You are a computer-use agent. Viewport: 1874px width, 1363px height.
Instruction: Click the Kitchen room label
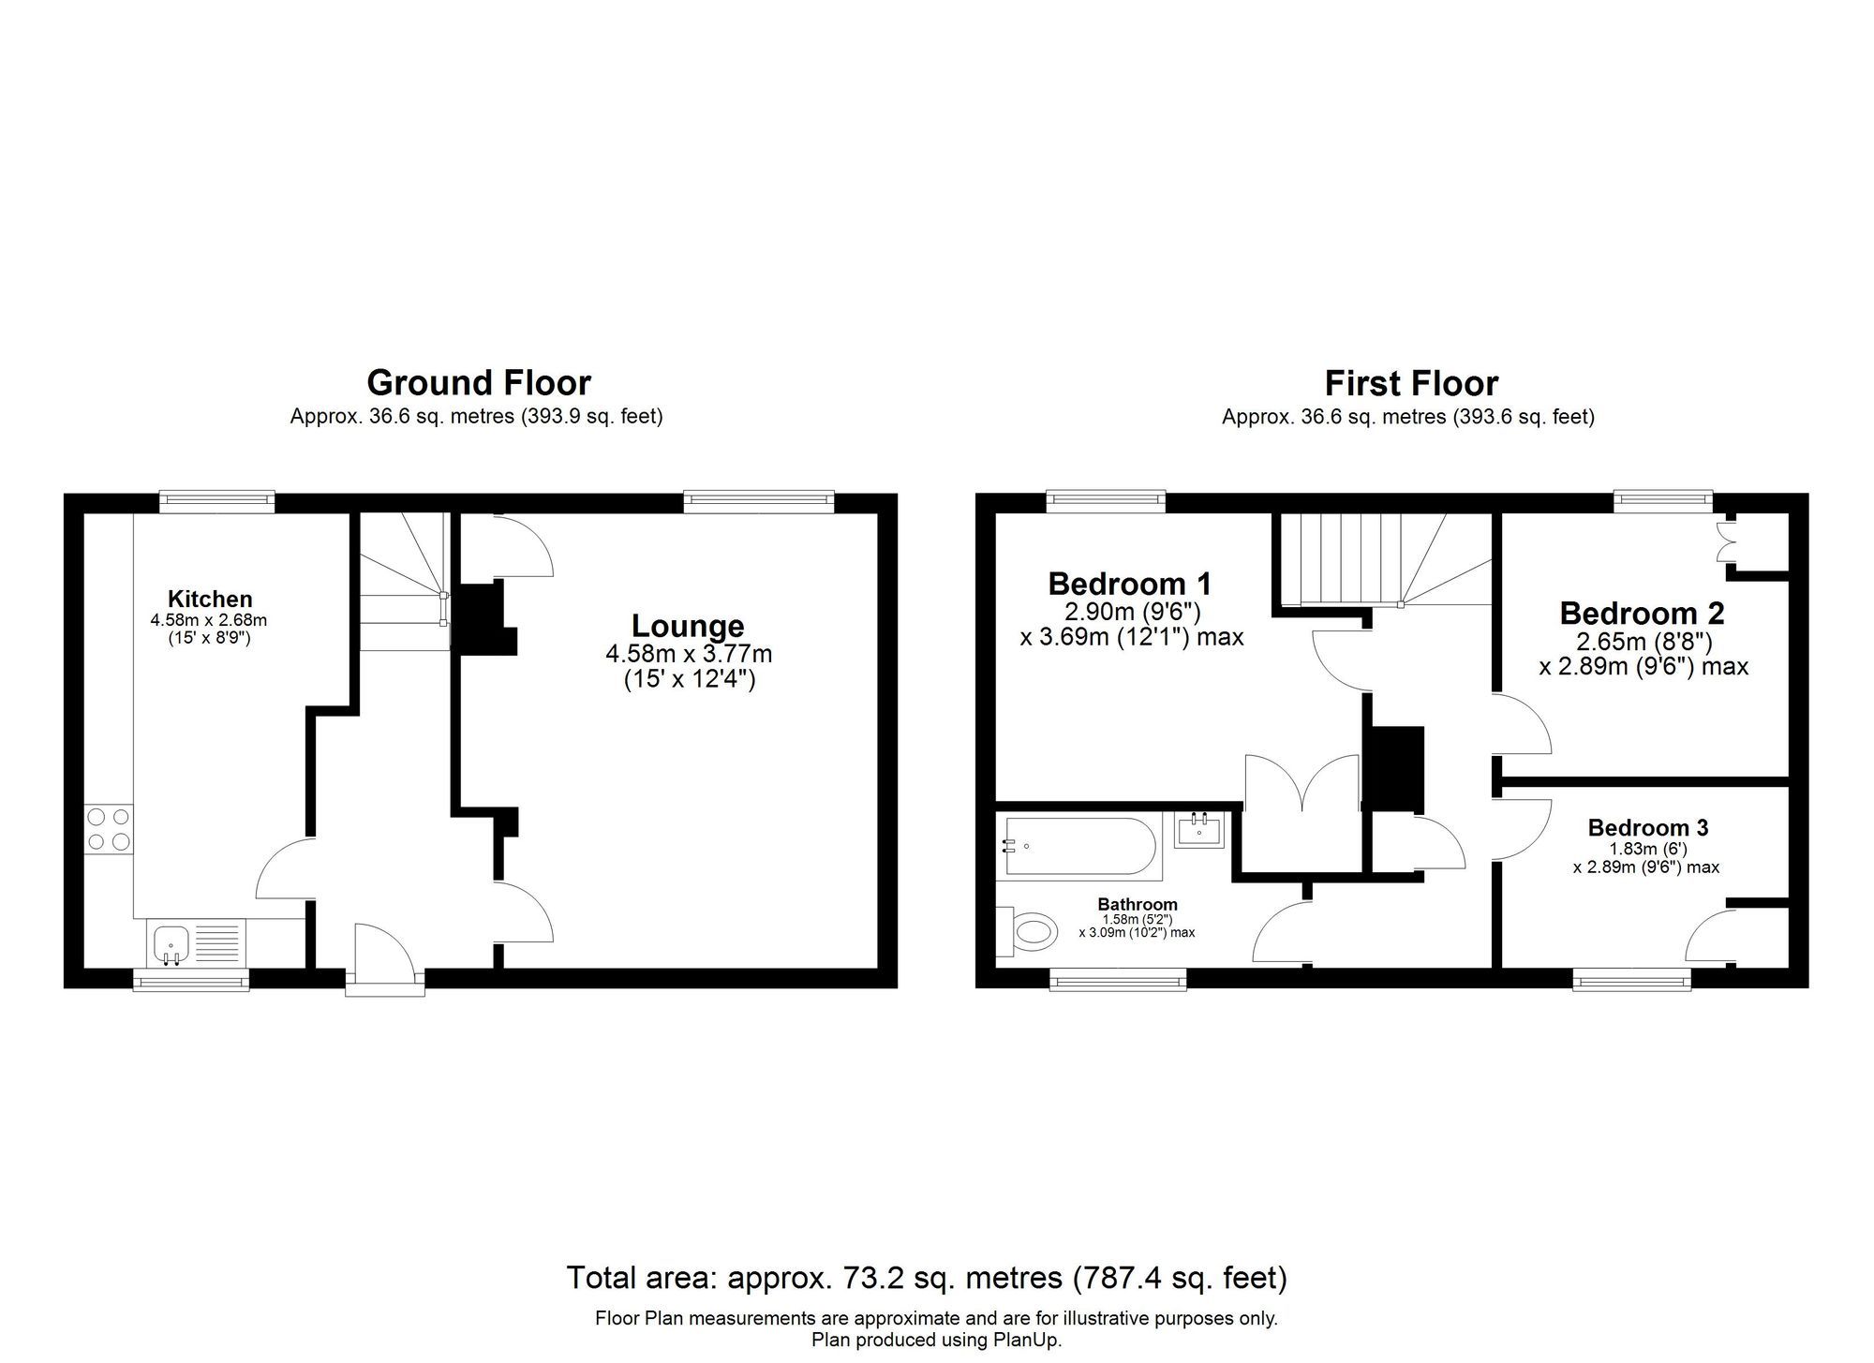pyautogui.click(x=210, y=599)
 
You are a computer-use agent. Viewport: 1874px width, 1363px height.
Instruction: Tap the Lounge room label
pyautogui.click(x=688, y=626)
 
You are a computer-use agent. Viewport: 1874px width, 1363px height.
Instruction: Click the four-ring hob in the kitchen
pyautogui.click(x=109, y=829)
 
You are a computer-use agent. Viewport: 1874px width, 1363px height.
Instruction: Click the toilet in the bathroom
pyautogui.click(x=1030, y=931)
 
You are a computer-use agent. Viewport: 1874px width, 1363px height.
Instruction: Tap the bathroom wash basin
pyautogui.click(x=1199, y=829)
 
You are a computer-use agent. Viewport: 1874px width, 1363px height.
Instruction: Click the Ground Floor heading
pyautogui.click(x=478, y=383)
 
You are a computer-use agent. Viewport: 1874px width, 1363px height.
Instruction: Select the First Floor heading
pyautogui.click(x=1411, y=383)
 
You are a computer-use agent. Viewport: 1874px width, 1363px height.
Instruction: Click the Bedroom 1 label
pyautogui.click(x=1129, y=584)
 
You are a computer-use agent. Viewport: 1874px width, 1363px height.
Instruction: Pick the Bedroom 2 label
pyautogui.click(x=1642, y=614)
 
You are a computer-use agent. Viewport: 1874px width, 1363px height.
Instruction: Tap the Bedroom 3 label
pyautogui.click(x=1648, y=827)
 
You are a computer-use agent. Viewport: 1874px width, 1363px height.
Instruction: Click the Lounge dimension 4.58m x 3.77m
pyautogui.click(x=689, y=654)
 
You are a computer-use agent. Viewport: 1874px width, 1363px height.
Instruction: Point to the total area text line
pyautogui.click(x=926, y=1278)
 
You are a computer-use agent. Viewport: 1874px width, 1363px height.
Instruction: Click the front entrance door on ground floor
pyautogui.click(x=384, y=956)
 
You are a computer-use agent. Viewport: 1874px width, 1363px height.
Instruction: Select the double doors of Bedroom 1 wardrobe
pyautogui.click(x=1301, y=782)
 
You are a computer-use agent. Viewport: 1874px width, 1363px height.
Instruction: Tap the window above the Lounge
pyautogui.click(x=758, y=502)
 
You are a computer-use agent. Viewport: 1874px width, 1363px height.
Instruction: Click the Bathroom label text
pyautogui.click(x=1138, y=904)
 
